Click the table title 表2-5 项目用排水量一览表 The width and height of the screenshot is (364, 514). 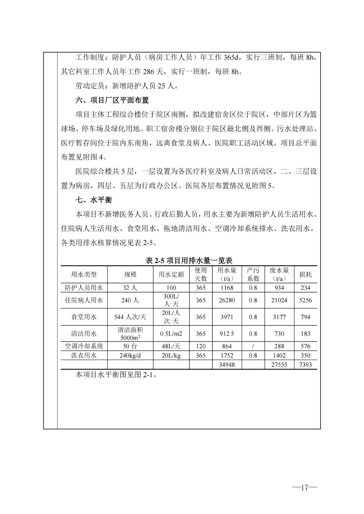click(189, 261)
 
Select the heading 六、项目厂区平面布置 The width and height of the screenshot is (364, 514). click(112, 100)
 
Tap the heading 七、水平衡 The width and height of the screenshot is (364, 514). click(94, 200)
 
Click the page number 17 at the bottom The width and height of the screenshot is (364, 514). click(304, 487)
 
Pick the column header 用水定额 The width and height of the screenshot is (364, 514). click(171, 275)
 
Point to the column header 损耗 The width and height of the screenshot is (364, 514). click(305, 275)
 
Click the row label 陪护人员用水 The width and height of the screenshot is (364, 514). click(84, 288)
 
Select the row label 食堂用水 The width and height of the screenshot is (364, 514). click(84, 317)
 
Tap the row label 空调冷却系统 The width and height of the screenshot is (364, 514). click(84, 346)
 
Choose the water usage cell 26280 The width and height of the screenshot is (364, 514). click(227, 300)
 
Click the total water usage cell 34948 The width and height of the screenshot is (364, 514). click(227, 365)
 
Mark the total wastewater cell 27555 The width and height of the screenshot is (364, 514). click(279, 365)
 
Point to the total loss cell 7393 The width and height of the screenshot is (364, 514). click(305, 365)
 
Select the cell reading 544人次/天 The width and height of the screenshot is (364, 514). click(130, 317)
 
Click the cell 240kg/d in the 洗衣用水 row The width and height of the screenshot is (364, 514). click(130, 356)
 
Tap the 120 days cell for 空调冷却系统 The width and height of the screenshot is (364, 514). click(201, 346)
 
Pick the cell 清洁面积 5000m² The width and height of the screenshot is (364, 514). click(130, 334)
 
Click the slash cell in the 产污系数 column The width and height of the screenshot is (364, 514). click(253, 346)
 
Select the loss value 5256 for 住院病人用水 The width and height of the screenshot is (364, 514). click(305, 300)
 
